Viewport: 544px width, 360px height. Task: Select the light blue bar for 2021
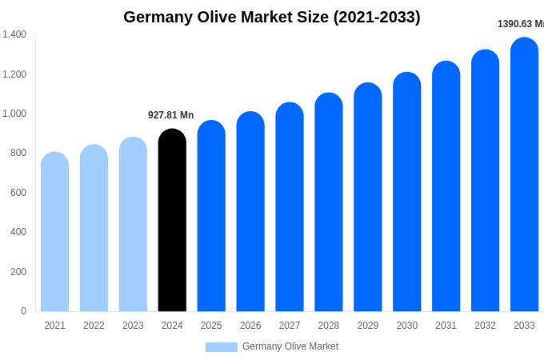tap(54, 232)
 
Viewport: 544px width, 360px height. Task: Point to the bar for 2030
tap(406, 192)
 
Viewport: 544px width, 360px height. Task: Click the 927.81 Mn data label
tap(170, 115)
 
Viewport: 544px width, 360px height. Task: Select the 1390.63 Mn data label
tap(520, 24)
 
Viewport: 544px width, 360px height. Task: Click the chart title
tap(272, 17)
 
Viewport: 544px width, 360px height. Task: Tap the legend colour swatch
tap(221, 347)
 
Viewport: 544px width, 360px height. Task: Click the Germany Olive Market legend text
tap(290, 346)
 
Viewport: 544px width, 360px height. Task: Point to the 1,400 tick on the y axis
tap(14, 34)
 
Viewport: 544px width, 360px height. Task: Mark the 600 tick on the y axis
tap(18, 193)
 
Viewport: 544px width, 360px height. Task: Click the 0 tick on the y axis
tap(23, 311)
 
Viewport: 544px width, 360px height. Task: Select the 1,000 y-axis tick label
tap(14, 114)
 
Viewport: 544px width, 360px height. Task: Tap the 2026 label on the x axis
tap(250, 326)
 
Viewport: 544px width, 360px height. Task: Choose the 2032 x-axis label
tap(485, 326)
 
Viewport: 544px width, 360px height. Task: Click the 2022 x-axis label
tap(94, 326)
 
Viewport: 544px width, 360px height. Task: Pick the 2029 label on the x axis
tap(367, 326)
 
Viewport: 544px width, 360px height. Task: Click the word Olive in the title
tap(225, 17)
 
